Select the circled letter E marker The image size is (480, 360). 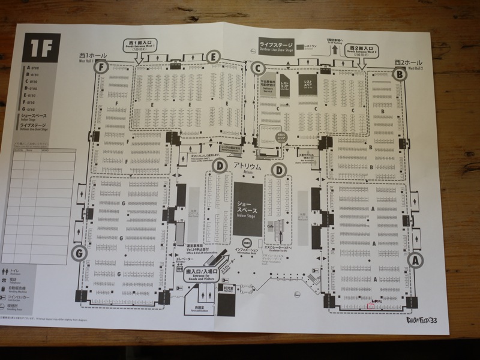coord(212,58)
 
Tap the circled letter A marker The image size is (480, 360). coord(413,260)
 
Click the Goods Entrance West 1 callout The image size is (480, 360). coord(139,46)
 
